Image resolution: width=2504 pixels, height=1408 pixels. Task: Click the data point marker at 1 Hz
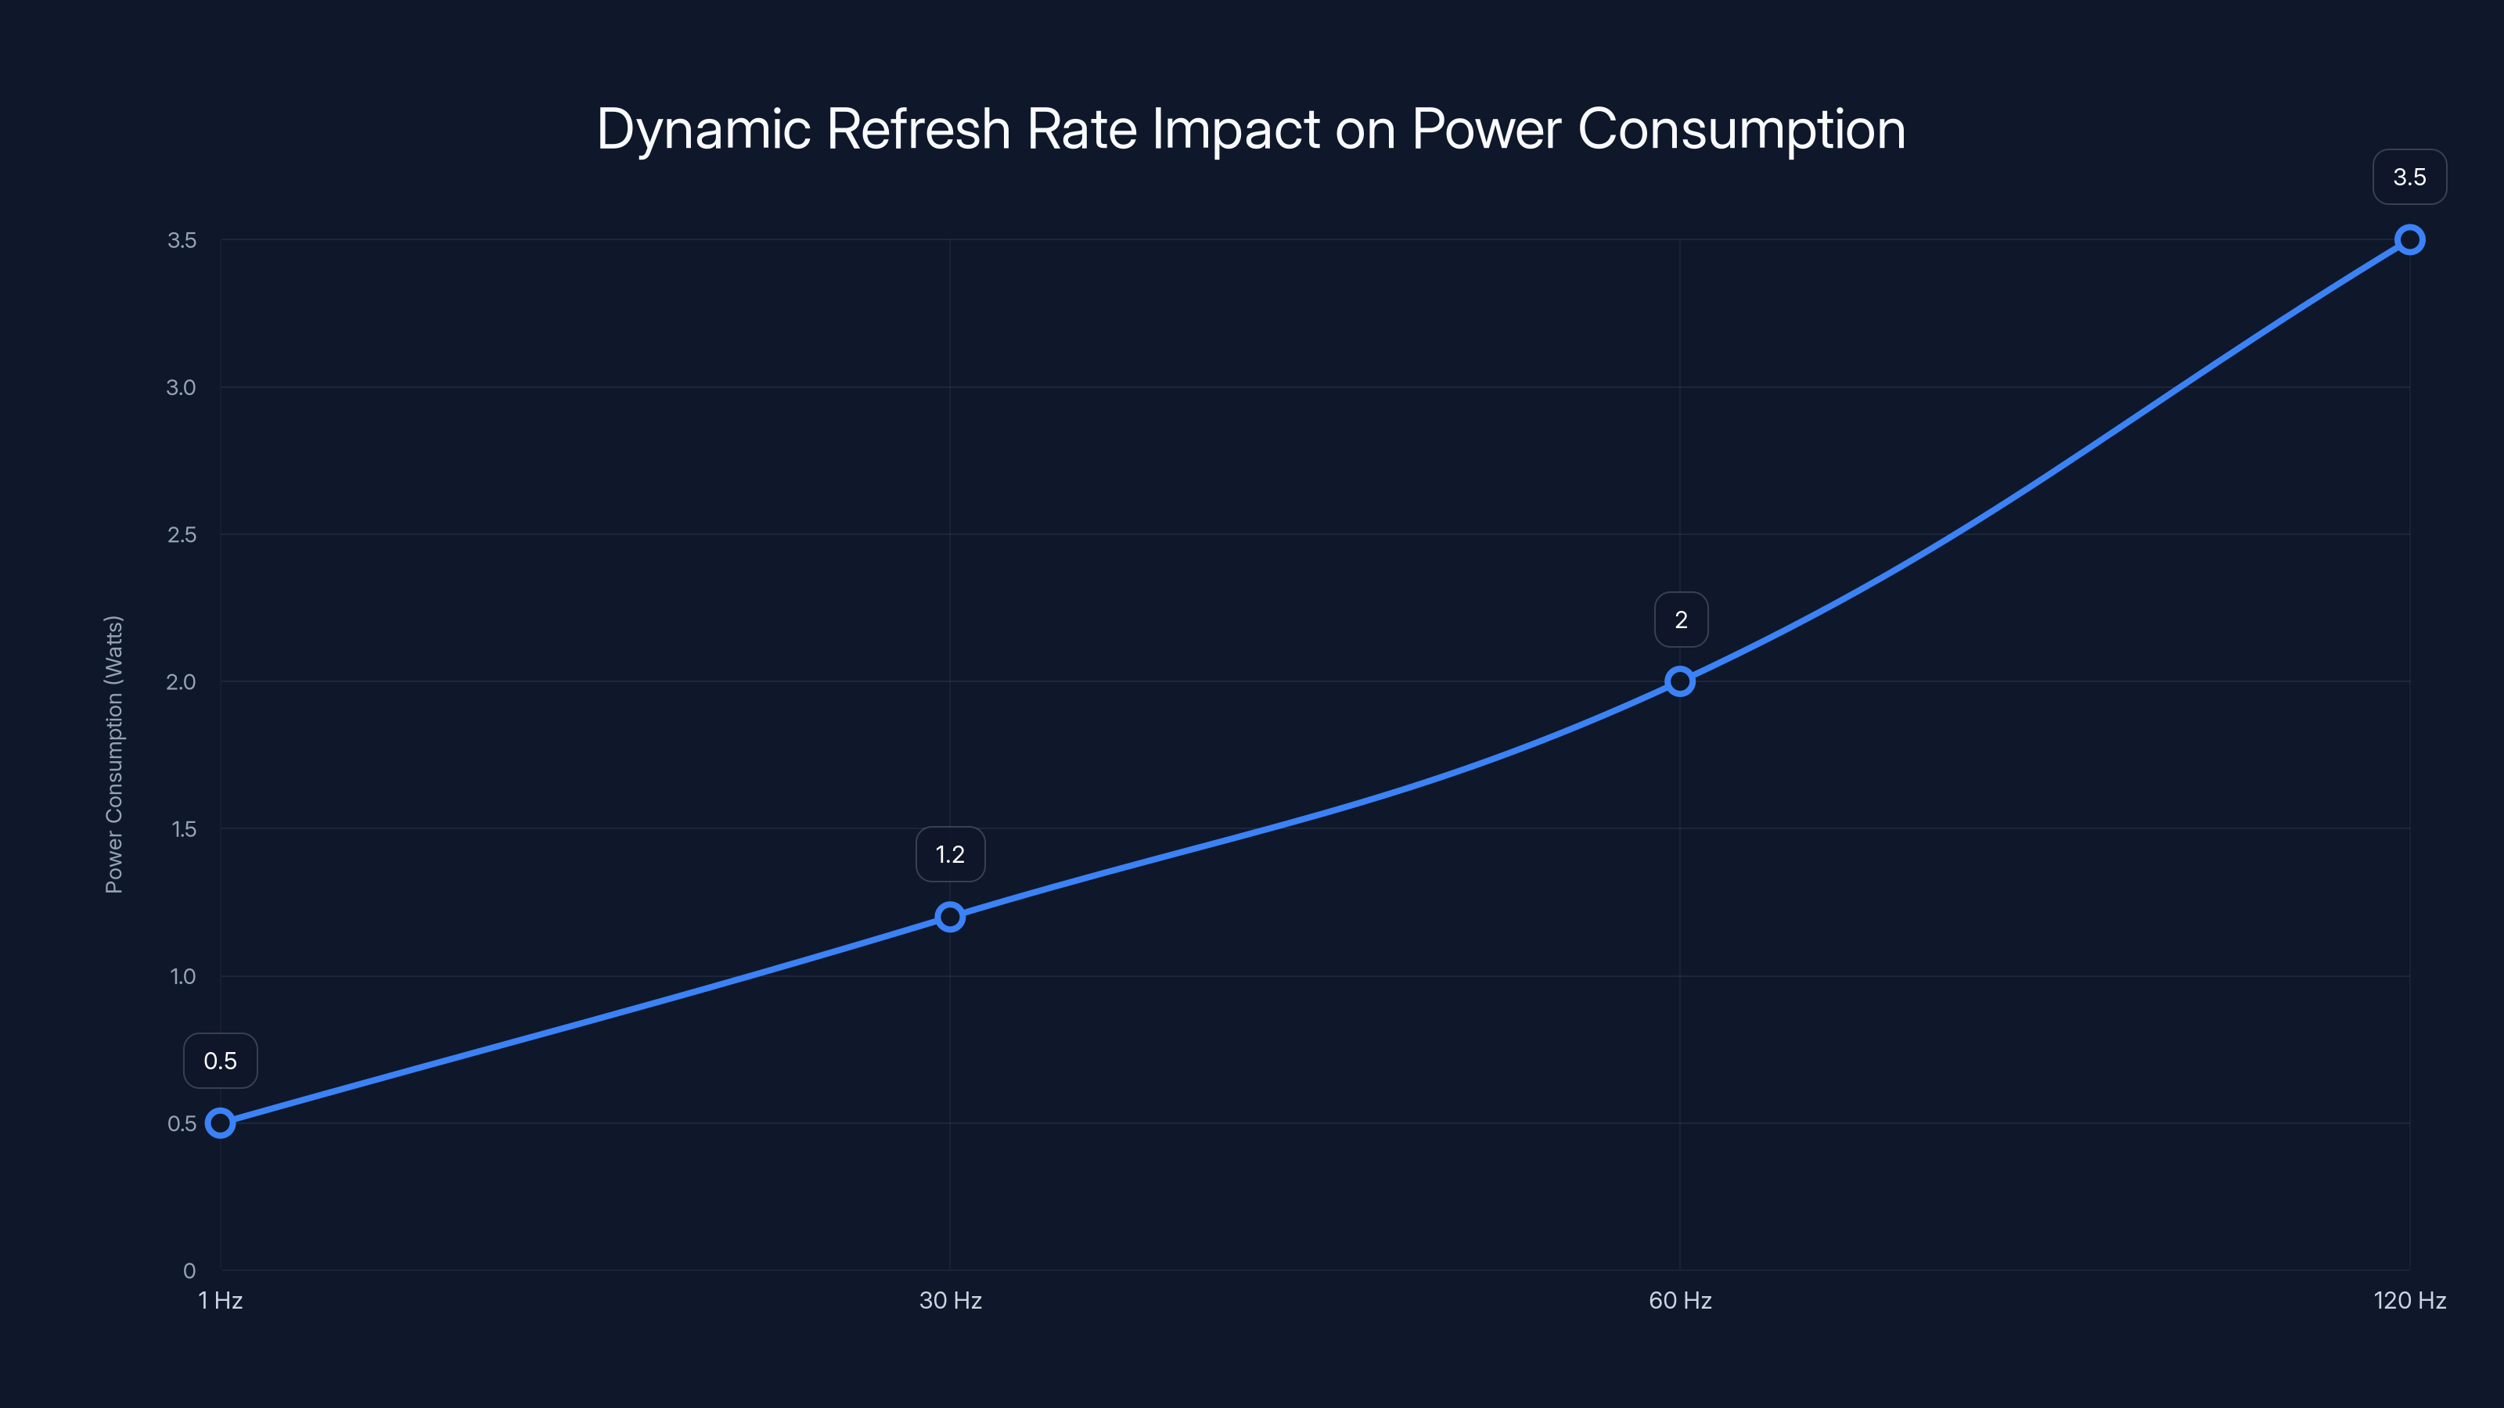pyautogui.click(x=221, y=1123)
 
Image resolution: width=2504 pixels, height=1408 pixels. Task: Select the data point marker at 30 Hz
pyautogui.click(x=950, y=916)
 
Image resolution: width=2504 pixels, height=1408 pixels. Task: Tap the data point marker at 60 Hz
pyautogui.click(x=1680, y=681)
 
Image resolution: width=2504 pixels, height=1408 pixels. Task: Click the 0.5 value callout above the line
pyautogui.click(x=221, y=1060)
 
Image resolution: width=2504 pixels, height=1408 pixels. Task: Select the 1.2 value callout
pyautogui.click(x=950, y=854)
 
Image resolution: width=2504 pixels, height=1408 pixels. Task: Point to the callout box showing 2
pyautogui.click(x=1681, y=619)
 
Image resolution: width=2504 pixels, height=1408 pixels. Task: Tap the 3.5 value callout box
pyautogui.click(x=2409, y=177)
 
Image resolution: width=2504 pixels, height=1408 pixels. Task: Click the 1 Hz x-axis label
pyautogui.click(x=221, y=1300)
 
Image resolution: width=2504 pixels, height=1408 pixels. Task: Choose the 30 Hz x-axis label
pyautogui.click(x=950, y=1300)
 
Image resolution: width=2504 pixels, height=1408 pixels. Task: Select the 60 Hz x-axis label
pyautogui.click(x=1680, y=1300)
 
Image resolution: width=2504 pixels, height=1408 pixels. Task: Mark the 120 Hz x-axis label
pyautogui.click(x=2409, y=1300)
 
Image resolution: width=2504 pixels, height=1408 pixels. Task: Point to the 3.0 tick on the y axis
pyautogui.click(x=181, y=388)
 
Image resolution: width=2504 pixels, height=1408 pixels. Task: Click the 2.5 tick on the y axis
pyautogui.click(x=181, y=534)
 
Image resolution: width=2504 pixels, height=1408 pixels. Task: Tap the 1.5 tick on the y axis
pyautogui.click(x=183, y=829)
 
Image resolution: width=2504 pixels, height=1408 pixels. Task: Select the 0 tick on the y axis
pyautogui.click(x=189, y=1270)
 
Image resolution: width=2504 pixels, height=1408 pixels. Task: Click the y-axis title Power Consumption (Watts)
pyautogui.click(x=113, y=754)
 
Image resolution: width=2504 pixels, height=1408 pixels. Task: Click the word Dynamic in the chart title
pyautogui.click(x=703, y=129)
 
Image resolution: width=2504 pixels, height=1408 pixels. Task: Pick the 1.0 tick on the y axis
pyautogui.click(x=183, y=976)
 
